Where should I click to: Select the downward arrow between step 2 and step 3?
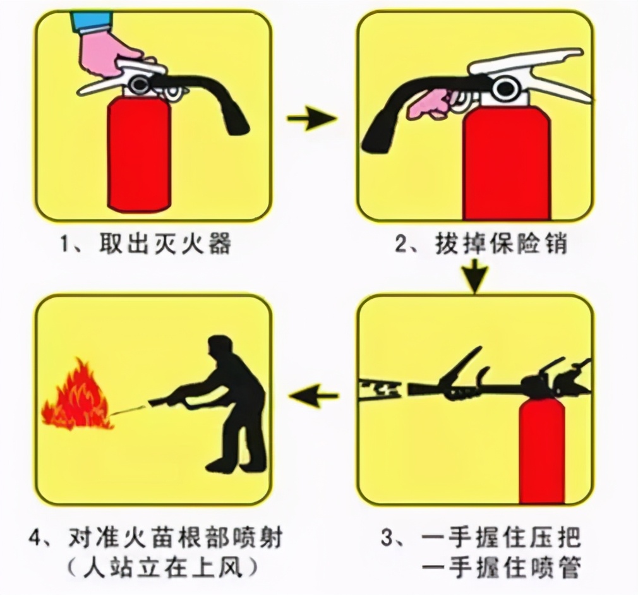click(475, 275)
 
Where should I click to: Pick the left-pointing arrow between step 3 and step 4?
click(314, 397)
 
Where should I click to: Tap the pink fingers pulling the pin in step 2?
click(430, 104)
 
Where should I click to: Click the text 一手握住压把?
click(500, 539)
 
